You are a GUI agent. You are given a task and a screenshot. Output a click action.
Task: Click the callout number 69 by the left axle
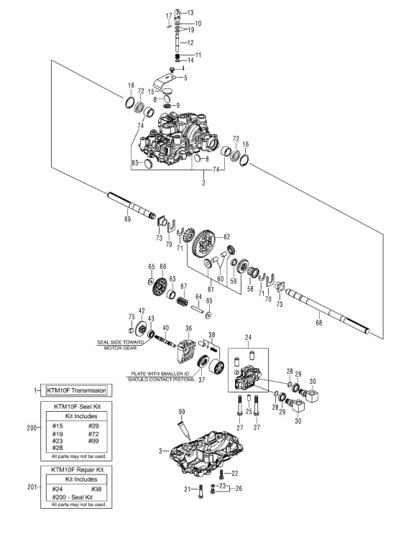click(x=127, y=219)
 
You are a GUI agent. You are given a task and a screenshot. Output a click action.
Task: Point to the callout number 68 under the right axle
click(x=319, y=322)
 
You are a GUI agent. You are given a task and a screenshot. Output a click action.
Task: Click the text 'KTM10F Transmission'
click(x=76, y=390)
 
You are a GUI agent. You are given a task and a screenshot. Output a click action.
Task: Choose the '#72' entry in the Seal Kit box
click(x=93, y=433)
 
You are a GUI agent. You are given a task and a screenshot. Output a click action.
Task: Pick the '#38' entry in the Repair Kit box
click(x=96, y=489)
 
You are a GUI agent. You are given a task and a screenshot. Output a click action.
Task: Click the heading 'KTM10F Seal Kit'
click(x=77, y=406)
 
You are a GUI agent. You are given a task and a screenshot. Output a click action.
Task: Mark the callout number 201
click(x=32, y=487)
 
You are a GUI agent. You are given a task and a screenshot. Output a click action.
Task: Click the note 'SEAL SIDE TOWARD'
click(x=120, y=342)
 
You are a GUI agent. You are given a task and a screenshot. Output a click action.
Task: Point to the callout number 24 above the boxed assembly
click(x=248, y=337)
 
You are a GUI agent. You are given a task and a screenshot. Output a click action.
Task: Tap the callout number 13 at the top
click(x=190, y=13)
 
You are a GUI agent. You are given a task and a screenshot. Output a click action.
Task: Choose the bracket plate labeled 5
click(x=165, y=81)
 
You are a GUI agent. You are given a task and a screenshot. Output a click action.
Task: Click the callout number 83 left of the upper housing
click(x=135, y=162)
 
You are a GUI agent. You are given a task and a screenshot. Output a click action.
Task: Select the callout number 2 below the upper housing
click(x=204, y=183)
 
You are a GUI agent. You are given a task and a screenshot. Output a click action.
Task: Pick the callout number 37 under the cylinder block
click(x=202, y=379)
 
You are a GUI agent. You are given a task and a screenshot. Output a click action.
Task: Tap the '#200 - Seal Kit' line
click(x=72, y=497)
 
